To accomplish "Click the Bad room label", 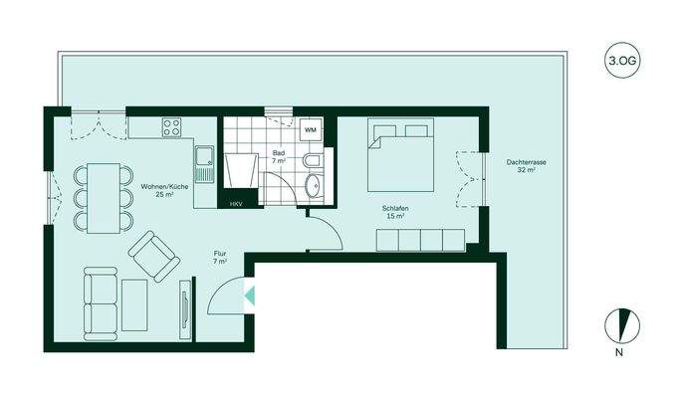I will click(x=279, y=156).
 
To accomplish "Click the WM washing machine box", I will click(x=311, y=130).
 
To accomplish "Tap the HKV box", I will click(x=237, y=204).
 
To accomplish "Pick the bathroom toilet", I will click(x=312, y=162).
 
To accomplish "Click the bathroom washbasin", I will click(x=316, y=185).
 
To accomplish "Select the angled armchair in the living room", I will click(x=153, y=256).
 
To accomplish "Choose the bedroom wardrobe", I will click(x=419, y=240).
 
